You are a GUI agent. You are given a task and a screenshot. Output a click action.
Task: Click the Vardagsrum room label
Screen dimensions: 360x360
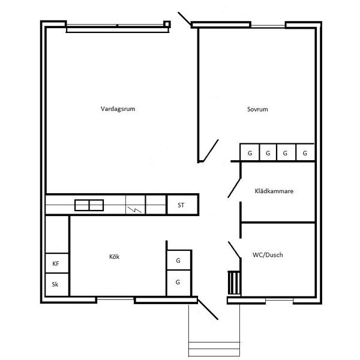click(x=118, y=109)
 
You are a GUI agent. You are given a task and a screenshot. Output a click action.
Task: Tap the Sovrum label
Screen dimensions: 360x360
click(x=257, y=109)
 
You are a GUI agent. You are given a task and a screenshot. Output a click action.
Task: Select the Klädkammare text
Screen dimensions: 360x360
click(x=274, y=191)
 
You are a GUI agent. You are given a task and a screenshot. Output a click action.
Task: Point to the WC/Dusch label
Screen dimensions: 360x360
click(x=268, y=255)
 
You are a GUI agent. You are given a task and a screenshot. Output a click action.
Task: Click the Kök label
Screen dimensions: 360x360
click(x=114, y=256)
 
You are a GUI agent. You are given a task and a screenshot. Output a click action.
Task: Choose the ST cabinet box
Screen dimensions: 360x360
click(x=182, y=205)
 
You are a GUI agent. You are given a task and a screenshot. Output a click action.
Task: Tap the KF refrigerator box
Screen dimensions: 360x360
click(x=57, y=263)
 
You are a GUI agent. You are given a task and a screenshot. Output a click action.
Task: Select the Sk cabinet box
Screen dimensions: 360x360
click(x=57, y=284)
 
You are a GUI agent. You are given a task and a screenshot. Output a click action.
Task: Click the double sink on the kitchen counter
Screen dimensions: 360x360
click(x=89, y=205)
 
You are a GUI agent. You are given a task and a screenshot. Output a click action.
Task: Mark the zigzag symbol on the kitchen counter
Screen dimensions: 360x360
click(x=134, y=209)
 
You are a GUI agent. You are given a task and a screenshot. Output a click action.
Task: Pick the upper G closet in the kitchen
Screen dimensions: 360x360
click(x=179, y=260)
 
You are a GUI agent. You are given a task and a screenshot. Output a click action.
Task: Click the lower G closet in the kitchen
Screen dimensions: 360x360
click(x=179, y=283)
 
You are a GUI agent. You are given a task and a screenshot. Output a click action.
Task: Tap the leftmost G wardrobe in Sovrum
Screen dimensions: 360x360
click(x=250, y=152)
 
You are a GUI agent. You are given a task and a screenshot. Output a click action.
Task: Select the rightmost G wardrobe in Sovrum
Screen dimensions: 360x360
click(x=305, y=152)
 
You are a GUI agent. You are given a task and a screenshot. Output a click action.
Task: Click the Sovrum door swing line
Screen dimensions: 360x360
click(x=211, y=151)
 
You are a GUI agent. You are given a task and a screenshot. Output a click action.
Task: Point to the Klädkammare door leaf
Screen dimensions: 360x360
click(x=234, y=188)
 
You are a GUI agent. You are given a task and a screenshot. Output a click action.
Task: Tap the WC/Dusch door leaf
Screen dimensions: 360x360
click(x=234, y=250)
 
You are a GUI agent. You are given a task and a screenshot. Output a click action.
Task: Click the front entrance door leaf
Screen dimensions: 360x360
click(x=208, y=309)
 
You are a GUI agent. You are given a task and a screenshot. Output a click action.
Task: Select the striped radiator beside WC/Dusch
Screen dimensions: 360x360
click(x=234, y=283)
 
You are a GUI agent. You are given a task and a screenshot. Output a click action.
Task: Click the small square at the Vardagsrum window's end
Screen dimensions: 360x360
click(x=167, y=24)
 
